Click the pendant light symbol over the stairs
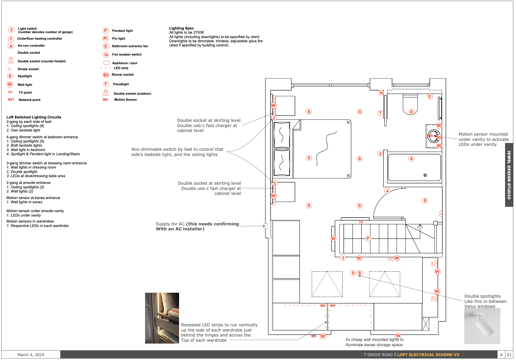368,238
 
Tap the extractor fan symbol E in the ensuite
430,97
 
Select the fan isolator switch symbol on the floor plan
381,92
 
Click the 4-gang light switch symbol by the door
387,191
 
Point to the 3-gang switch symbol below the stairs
343,258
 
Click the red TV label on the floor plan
361,222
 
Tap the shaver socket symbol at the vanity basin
439,137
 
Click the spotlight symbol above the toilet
411,112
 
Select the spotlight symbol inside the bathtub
411,159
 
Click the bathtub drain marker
425,175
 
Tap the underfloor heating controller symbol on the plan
380,113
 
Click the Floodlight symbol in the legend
106,84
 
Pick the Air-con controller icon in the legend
11,46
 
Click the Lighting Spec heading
181,28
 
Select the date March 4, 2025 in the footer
31,355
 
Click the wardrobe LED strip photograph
162,318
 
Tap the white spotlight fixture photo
482,326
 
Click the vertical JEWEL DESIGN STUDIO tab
509,175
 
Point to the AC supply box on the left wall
266,226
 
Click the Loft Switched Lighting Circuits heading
34,117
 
